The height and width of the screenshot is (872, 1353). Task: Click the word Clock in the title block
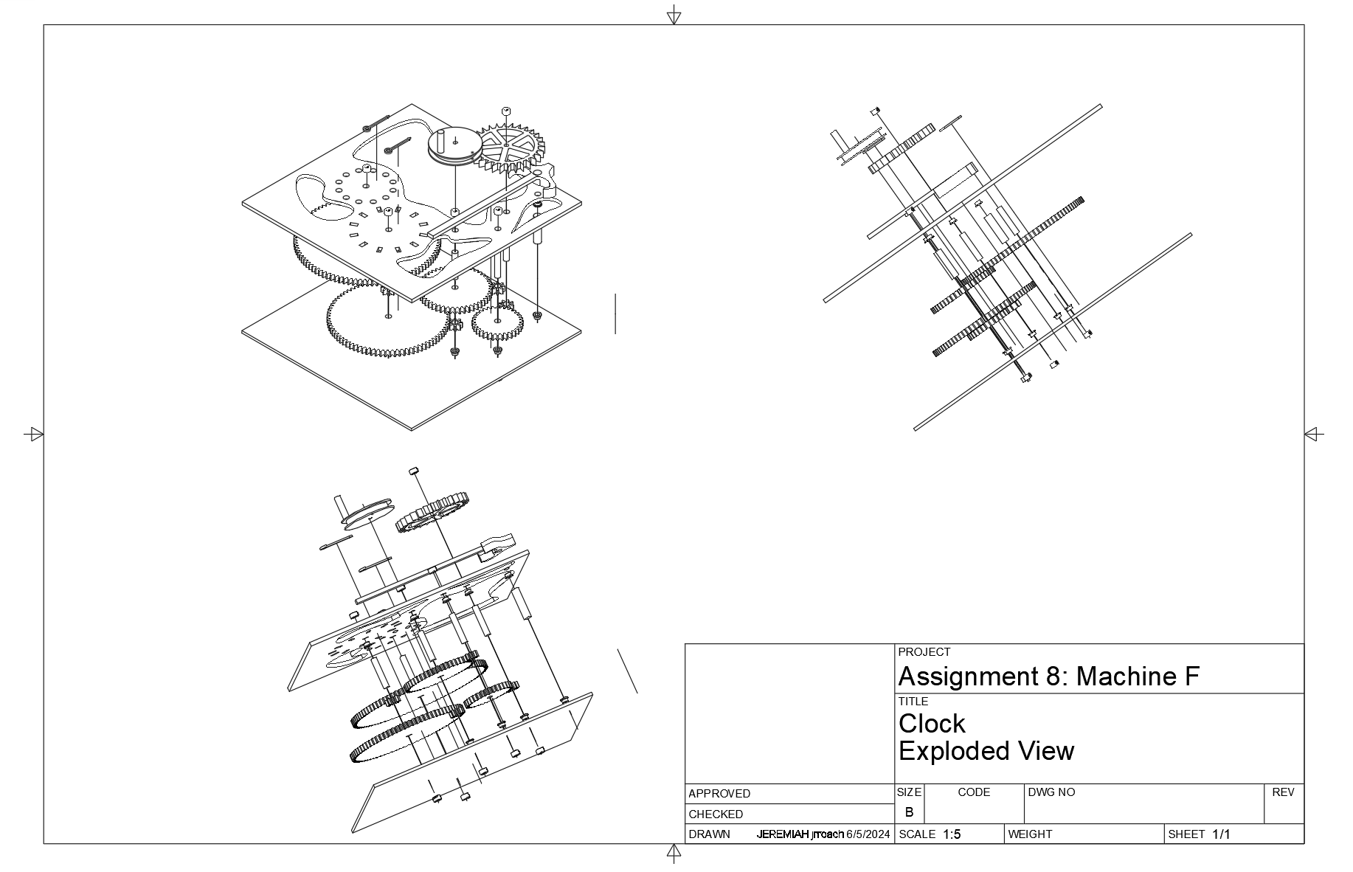pos(932,724)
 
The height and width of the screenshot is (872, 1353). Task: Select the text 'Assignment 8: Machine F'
pos(1048,677)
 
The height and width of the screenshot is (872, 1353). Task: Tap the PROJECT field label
pos(924,652)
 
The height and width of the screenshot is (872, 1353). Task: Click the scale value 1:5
pos(952,834)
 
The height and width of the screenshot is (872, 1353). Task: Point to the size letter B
pos(909,812)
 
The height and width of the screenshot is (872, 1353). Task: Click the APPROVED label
pos(719,794)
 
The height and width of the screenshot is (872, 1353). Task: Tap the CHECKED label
pos(715,814)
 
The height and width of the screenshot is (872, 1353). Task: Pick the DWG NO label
pos(1051,792)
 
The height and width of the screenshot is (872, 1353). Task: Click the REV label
pos(1283,792)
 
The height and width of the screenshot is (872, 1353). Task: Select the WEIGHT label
pos(1030,834)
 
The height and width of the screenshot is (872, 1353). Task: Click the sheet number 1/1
pos(1222,834)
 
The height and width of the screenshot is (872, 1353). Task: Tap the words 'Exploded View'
pos(986,752)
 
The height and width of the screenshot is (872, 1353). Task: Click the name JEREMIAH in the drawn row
pos(783,834)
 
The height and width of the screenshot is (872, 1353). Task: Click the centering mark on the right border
pos(1313,435)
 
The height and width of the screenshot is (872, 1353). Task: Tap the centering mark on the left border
pos(34,435)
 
